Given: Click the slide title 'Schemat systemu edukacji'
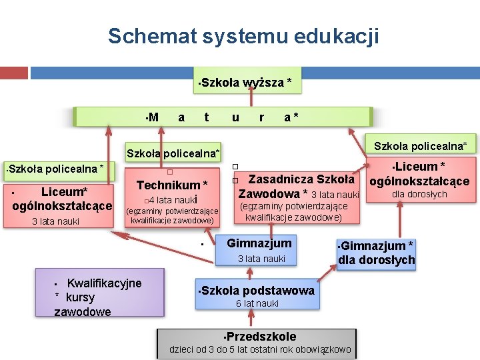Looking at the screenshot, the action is point(243,36).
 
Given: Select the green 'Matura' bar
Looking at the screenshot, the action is point(223,117).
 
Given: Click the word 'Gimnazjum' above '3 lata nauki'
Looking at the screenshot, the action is point(259,243).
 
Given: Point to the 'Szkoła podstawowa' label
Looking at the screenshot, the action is point(257,291).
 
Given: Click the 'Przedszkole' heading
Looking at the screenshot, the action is point(261,337).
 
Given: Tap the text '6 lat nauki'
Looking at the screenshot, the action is point(257,304).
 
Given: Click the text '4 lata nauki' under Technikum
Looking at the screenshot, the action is point(172,199).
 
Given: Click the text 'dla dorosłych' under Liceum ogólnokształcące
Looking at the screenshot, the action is point(419,194).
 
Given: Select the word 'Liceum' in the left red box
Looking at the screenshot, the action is point(64,192).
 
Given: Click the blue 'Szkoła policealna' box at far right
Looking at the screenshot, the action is point(420,145).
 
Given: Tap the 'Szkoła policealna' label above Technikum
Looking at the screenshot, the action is point(173,153).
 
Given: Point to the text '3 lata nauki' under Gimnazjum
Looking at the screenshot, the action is point(261,258).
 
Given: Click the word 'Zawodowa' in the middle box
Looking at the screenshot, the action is point(269,194).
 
